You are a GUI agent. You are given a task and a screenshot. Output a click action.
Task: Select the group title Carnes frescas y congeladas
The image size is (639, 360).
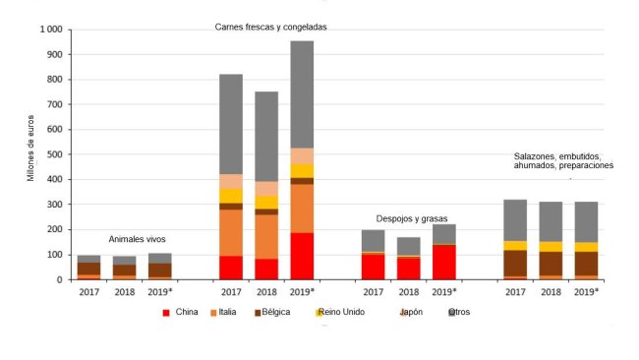tap(270, 27)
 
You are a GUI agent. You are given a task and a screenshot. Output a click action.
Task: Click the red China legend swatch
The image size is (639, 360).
tap(165, 312)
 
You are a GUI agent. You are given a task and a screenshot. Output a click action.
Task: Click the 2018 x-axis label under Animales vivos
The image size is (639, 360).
tap(125, 292)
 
